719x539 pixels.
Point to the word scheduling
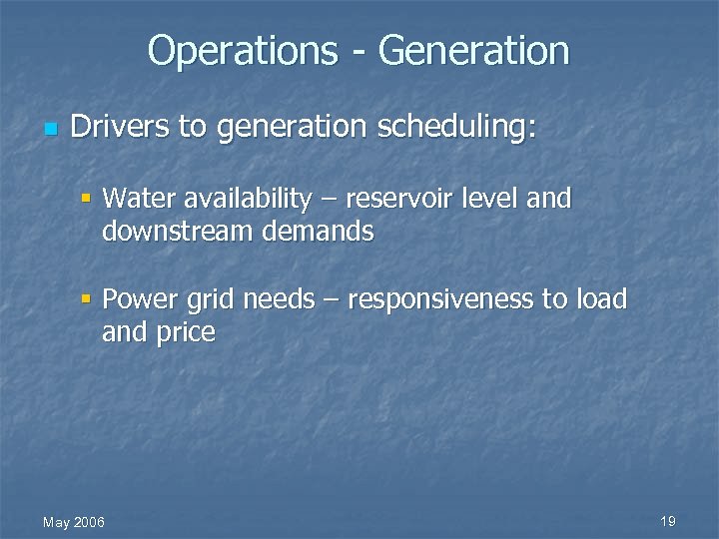[x=455, y=129]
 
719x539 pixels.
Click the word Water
[x=137, y=198]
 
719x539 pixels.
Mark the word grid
[x=205, y=300]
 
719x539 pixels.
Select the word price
[x=185, y=333]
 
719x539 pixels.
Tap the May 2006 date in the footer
[x=74, y=522]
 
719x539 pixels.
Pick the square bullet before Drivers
[x=50, y=129]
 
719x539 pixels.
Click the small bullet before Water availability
[x=88, y=198]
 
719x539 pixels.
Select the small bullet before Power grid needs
[x=88, y=298]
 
